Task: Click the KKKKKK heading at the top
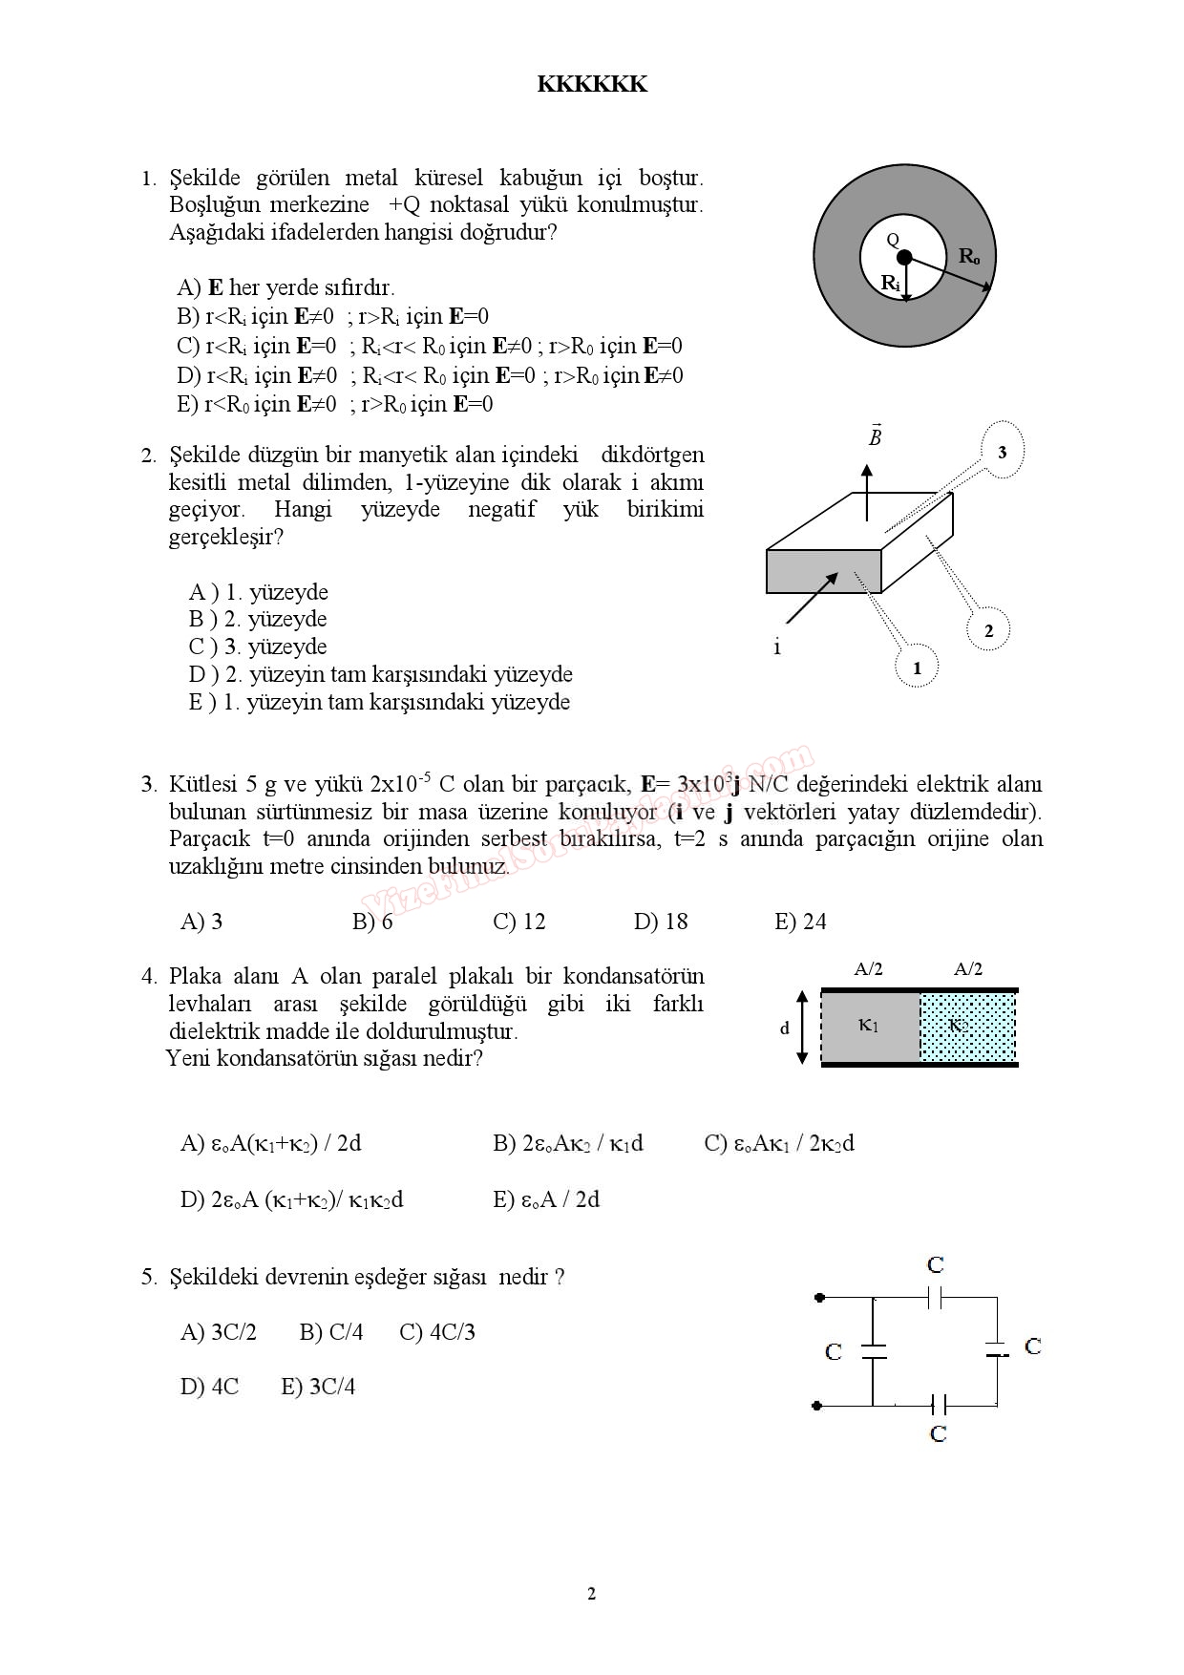[x=592, y=84]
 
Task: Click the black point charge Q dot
[x=904, y=256]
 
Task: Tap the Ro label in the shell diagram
[x=969, y=256]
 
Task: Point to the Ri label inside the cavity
[x=890, y=283]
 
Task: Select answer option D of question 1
[x=430, y=375]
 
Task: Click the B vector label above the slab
[x=875, y=436]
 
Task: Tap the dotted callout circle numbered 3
[x=1002, y=452]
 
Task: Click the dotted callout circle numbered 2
[x=988, y=630]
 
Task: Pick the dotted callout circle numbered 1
[x=918, y=668]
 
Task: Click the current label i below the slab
[x=777, y=647]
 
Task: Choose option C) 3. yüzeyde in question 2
[x=258, y=647]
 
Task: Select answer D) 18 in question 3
[x=661, y=922]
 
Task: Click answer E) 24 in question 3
[x=800, y=922]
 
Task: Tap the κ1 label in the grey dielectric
[x=869, y=1026]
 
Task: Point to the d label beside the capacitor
[x=785, y=1028]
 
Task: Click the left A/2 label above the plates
[x=868, y=969]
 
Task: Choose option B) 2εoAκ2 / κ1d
[x=568, y=1143]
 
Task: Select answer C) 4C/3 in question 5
[x=437, y=1332]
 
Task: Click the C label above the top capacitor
[x=936, y=1265]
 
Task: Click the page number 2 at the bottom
[x=591, y=1593]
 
